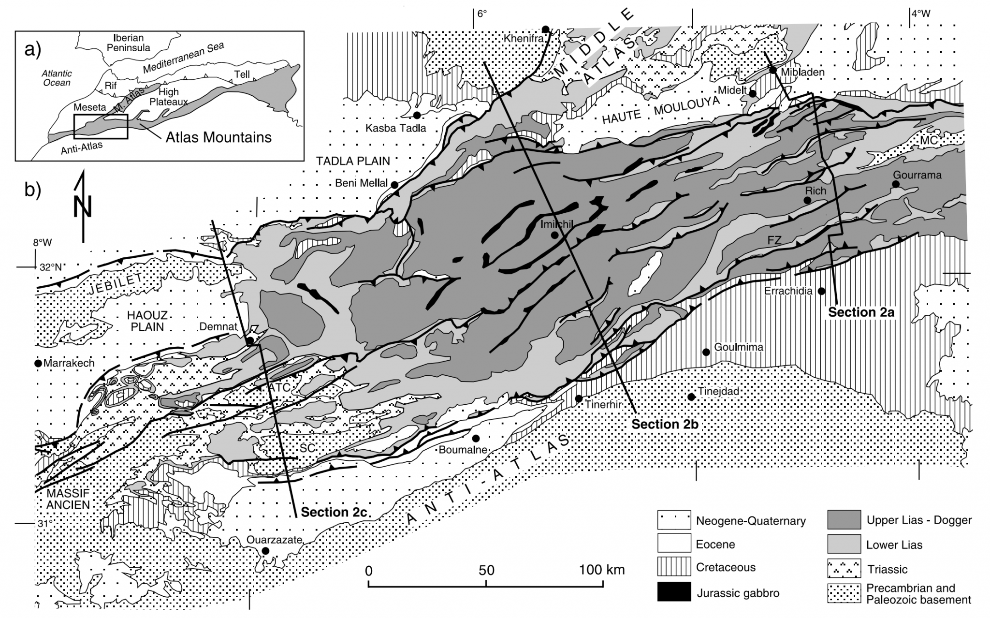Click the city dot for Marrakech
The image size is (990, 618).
click(x=38, y=363)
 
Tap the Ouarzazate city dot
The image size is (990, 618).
click(x=265, y=551)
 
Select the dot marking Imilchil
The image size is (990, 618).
click(x=554, y=235)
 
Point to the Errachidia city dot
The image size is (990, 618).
click(x=821, y=291)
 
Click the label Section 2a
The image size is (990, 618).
click(x=861, y=312)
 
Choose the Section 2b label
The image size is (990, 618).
click(x=665, y=424)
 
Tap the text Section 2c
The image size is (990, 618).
click(x=334, y=512)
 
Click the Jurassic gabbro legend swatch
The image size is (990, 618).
click(x=674, y=592)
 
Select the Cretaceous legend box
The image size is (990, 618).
click(x=674, y=567)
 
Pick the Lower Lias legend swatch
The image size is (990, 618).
click(x=844, y=544)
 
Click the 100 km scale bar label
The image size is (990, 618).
click(x=602, y=570)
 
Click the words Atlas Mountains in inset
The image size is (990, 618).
click(x=218, y=137)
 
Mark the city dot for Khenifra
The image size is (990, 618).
click(x=546, y=29)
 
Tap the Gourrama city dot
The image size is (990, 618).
click(x=896, y=184)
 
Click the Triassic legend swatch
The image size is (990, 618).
click(x=844, y=568)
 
